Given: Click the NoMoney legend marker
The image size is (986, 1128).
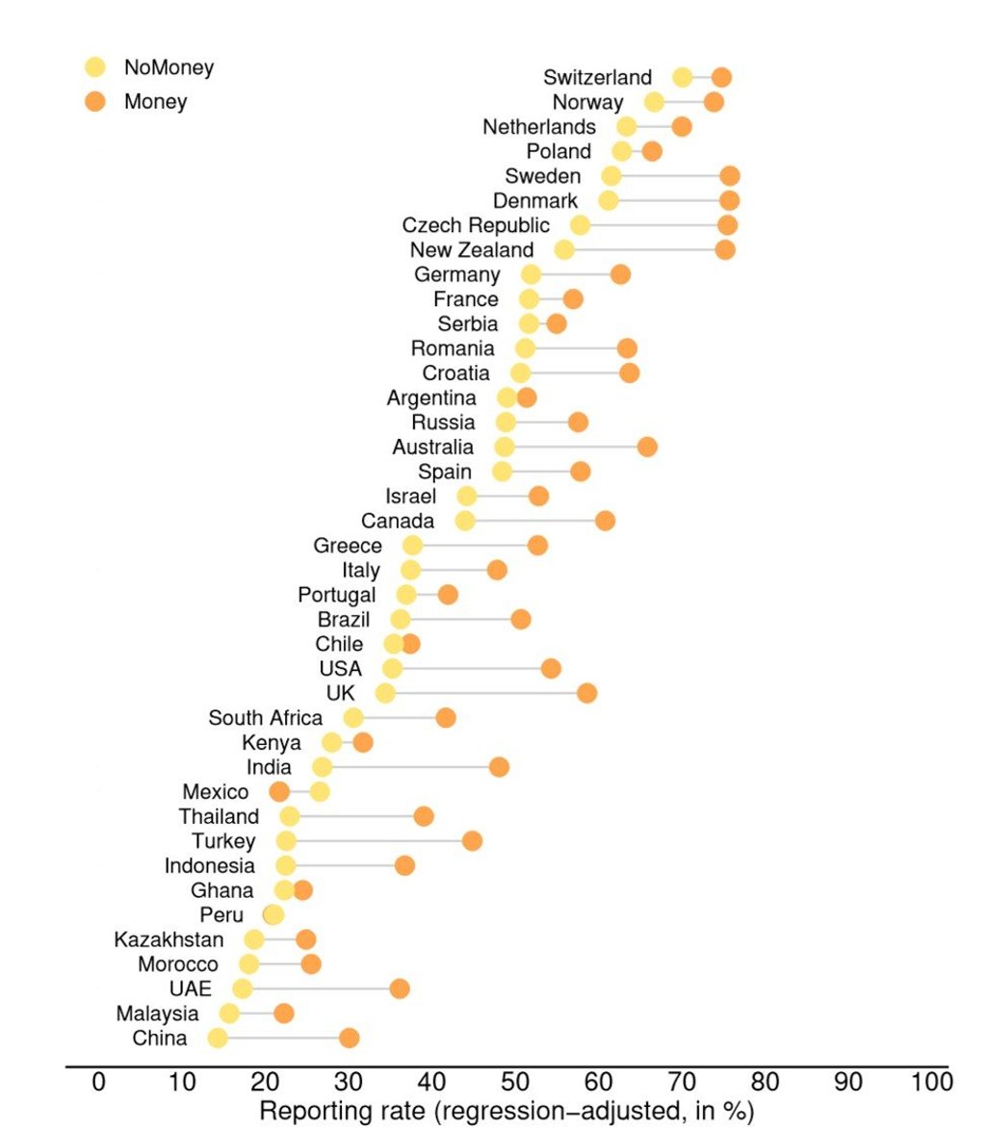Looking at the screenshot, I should coord(94,67).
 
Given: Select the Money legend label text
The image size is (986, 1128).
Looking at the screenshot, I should coord(155,101).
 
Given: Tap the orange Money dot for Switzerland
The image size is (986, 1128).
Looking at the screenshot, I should coord(720,78).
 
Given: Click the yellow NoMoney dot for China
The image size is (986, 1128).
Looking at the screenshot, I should coord(218,1038).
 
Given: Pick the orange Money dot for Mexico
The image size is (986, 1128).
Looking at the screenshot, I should coord(279,792).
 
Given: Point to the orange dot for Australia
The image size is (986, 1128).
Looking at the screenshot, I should coord(647,447).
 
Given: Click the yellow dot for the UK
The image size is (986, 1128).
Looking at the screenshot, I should coord(385,693).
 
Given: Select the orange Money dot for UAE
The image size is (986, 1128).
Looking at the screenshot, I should coord(400,988).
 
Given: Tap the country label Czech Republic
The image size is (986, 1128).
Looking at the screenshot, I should coord(476,225).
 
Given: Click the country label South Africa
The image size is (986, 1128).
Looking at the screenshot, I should coord(266,718).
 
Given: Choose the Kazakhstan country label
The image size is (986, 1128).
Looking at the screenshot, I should coord(169,939).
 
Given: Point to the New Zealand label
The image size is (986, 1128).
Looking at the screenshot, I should coord(471,250).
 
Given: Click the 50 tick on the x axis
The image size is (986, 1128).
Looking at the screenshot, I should coord(515,1081).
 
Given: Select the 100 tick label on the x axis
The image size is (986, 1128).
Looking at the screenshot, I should coord(931,1081).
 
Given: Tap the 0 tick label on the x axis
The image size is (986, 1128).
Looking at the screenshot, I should coord(98,1081).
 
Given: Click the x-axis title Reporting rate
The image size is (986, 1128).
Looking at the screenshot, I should coord(506,1111).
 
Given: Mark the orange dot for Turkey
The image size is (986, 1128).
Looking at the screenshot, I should coord(472,841).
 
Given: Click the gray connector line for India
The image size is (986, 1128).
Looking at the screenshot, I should coord(409,767).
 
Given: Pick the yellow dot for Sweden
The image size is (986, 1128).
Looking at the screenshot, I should coord(611,176).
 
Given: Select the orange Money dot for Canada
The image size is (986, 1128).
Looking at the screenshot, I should coord(605,521).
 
